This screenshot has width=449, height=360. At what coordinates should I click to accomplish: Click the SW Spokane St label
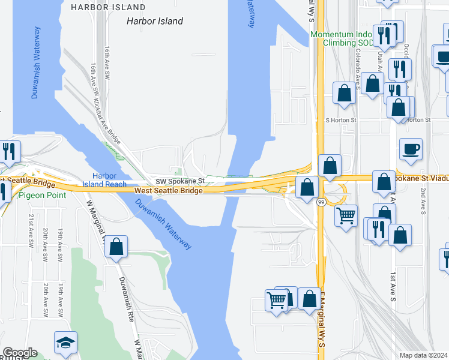pyautogui.click(x=180, y=181)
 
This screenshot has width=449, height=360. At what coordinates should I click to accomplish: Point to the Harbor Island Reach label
pyautogui.click(x=109, y=180)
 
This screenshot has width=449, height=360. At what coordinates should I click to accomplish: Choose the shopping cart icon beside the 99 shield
pyautogui.click(x=346, y=215)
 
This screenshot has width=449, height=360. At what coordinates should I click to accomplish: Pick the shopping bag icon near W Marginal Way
pyautogui.click(x=116, y=246)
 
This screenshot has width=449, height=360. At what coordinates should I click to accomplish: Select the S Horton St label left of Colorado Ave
pyautogui.click(x=341, y=120)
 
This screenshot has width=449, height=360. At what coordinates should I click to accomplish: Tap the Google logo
pyautogui.click(x=19, y=353)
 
